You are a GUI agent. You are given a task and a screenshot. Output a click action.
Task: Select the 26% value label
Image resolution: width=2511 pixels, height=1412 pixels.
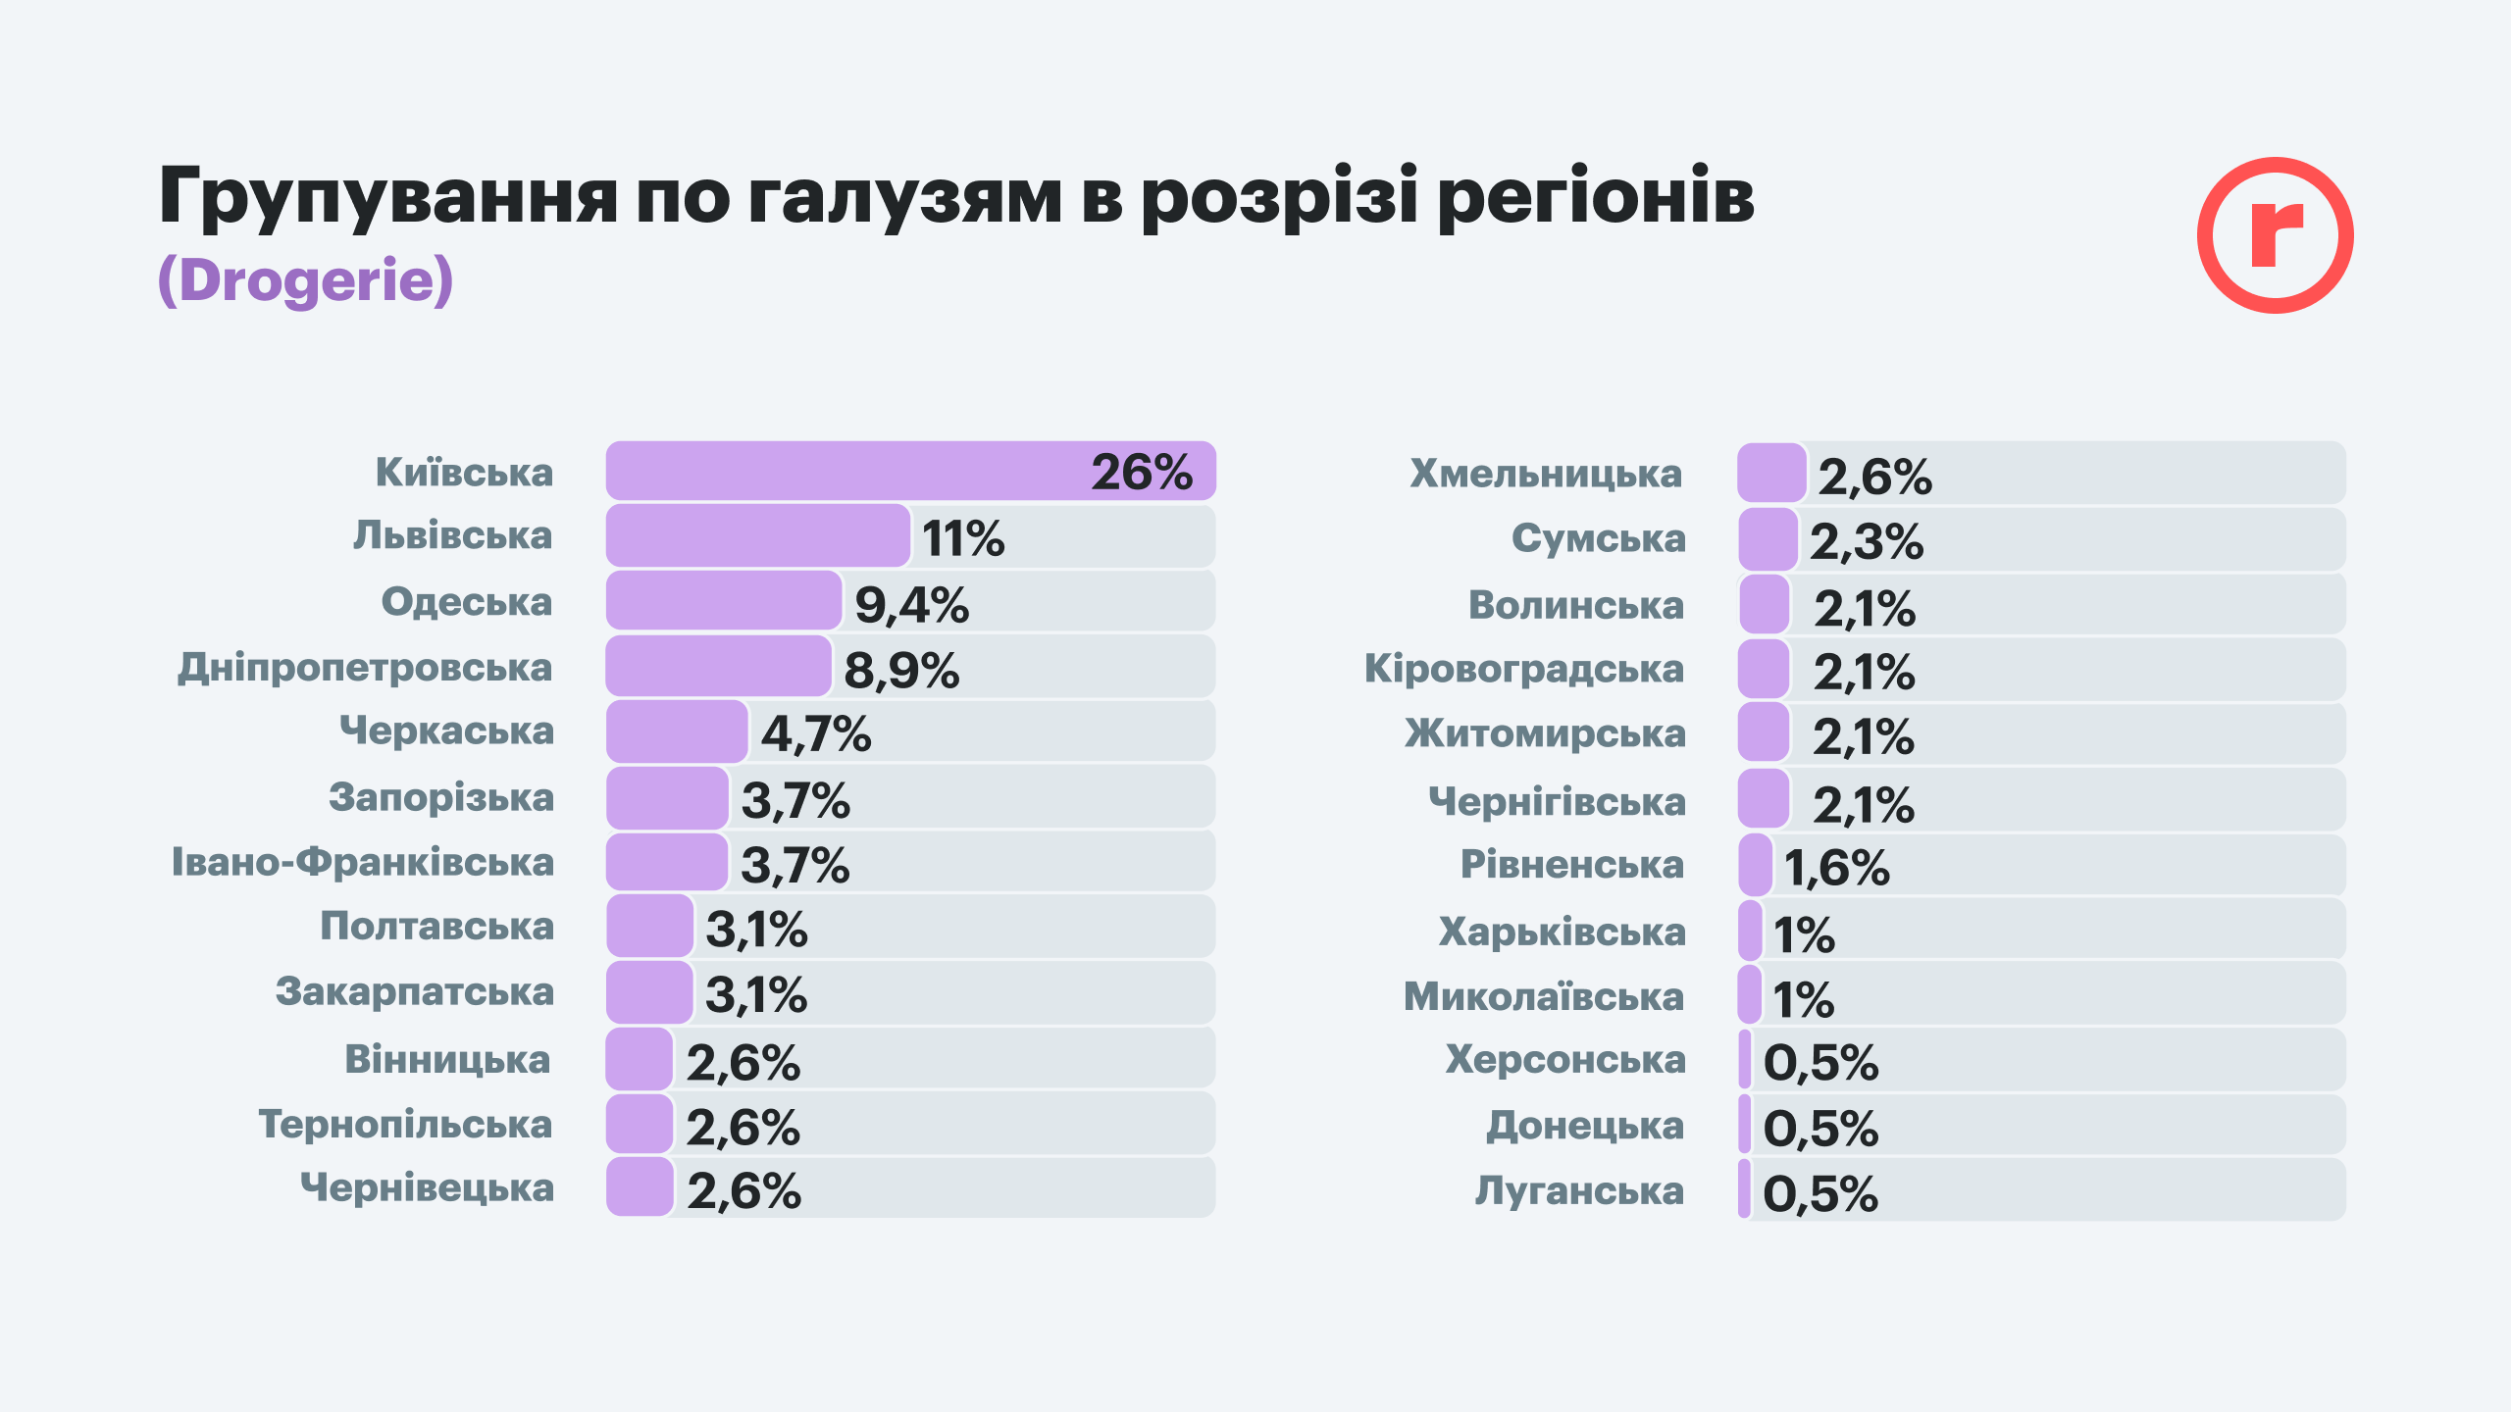1142,473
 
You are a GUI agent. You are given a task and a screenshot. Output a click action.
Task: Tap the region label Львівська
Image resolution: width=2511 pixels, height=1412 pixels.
453,536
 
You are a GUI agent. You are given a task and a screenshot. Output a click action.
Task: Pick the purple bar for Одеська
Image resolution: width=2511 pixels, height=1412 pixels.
724,601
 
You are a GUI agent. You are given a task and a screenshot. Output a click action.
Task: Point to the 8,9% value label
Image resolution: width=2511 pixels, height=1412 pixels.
901,671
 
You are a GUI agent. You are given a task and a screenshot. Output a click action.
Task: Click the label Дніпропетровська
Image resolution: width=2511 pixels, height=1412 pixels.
365,668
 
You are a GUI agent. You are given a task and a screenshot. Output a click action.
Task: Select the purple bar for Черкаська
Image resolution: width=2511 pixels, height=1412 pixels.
677,731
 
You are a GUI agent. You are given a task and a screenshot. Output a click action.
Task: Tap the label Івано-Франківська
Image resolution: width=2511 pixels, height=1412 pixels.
363,863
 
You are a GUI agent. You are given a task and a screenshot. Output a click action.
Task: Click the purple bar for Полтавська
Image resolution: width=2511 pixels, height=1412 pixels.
649,927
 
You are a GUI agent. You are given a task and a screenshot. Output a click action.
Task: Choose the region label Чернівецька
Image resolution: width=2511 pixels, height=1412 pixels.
428,1188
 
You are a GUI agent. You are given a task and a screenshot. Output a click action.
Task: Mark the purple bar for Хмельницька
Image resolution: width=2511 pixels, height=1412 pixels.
1771,474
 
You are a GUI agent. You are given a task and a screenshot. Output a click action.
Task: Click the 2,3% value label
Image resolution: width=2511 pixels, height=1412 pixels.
1867,541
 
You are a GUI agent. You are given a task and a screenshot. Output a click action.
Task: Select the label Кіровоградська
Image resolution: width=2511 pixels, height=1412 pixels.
1524,670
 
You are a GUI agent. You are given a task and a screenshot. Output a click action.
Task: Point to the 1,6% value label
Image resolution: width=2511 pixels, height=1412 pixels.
1836,868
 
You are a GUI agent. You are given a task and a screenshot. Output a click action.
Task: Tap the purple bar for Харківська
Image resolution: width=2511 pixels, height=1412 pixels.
1750,931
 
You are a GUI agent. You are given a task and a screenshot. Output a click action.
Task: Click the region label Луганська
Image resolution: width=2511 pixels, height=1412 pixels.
1579,1191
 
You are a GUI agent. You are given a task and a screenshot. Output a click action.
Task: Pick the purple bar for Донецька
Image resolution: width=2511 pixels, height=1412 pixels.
1745,1125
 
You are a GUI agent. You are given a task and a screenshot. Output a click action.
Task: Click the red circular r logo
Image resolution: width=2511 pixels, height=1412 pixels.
2275,235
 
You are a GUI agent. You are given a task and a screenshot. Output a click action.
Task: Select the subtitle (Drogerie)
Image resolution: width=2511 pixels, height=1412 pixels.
306,280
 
